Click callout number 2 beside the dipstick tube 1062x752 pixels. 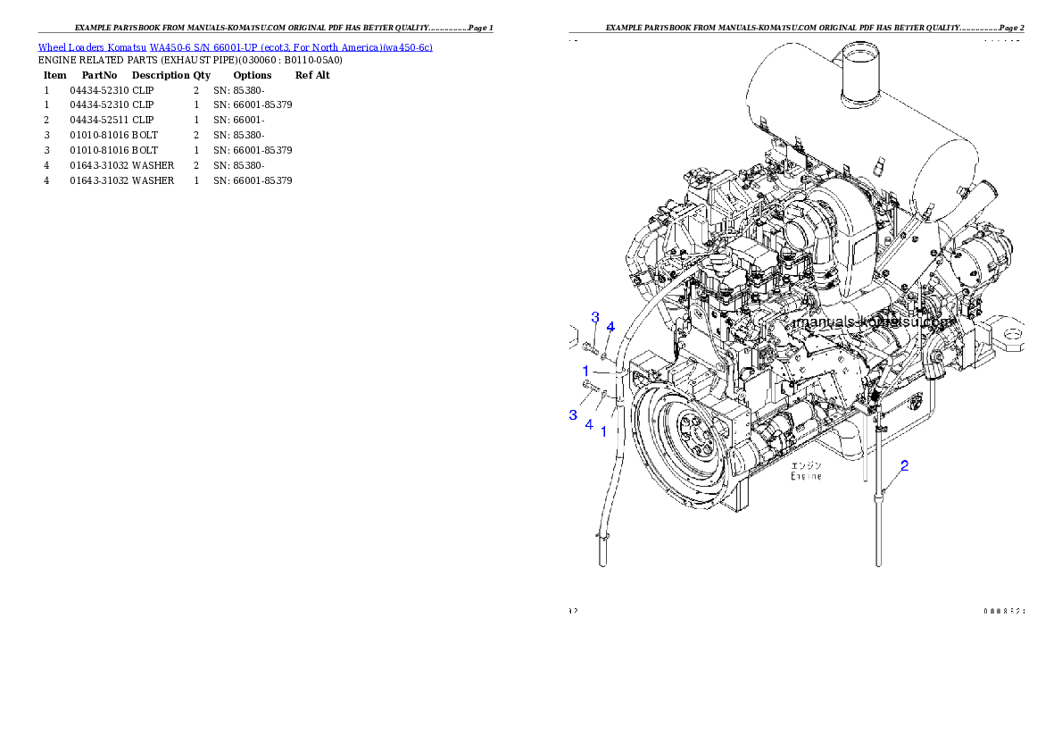coord(904,465)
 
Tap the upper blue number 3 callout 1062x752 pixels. coord(595,317)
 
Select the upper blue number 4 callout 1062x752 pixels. coord(610,327)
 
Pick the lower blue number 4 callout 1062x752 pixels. coord(589,424)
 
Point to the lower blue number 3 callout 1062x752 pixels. coord(574,414)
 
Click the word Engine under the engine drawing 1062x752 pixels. coord(806,476)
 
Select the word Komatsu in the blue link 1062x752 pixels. coord(128,47)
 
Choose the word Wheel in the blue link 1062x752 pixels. coord(49,47)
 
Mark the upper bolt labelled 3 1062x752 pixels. coord(589,347)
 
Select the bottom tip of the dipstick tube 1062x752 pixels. coord(879,563)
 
